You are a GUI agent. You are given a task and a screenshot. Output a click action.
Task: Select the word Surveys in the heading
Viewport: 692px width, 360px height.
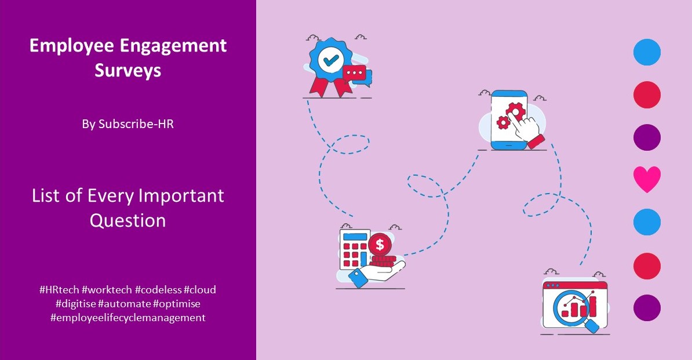[x=128, y=71]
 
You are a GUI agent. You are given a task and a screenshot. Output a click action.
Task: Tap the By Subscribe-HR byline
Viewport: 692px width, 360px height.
[x=128, y=124]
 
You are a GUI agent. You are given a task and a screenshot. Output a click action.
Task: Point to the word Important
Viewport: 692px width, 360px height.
[x=181, y=195]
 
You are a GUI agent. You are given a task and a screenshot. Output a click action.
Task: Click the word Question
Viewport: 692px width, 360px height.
[x=128, y=220]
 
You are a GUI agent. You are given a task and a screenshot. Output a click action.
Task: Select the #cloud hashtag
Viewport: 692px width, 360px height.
[x=200, y=289]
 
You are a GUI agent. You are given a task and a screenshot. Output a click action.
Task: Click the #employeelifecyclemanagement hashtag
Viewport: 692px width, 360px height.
[x=128, y=317]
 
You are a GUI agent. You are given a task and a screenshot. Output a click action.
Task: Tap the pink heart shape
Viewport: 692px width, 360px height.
[x=647, y=179]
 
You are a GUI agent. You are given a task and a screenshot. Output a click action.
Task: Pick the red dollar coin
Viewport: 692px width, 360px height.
[x=380, y=245]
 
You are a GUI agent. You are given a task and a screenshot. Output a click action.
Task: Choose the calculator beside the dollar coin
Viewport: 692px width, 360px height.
[x=354, y=249]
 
